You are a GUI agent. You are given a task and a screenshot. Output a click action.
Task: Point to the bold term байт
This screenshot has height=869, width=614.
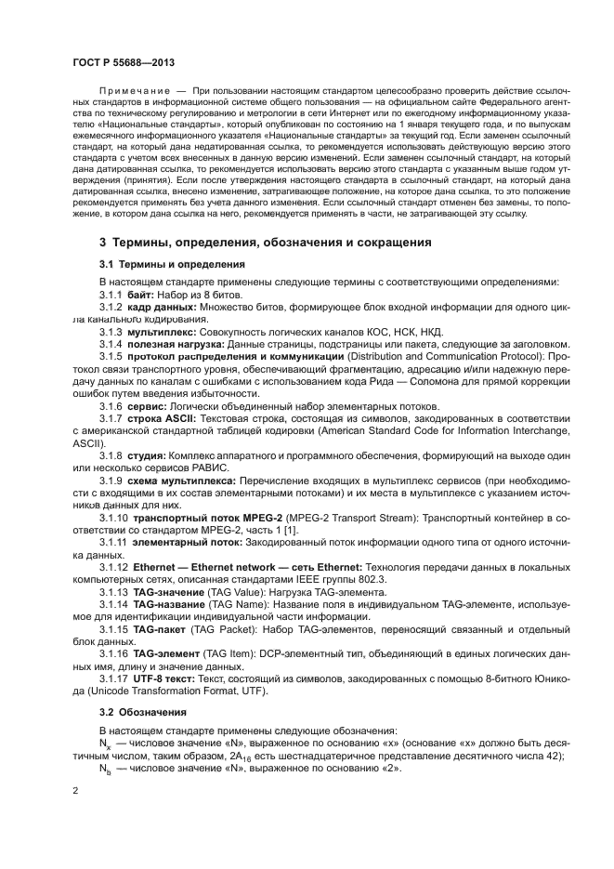[141, 294]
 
